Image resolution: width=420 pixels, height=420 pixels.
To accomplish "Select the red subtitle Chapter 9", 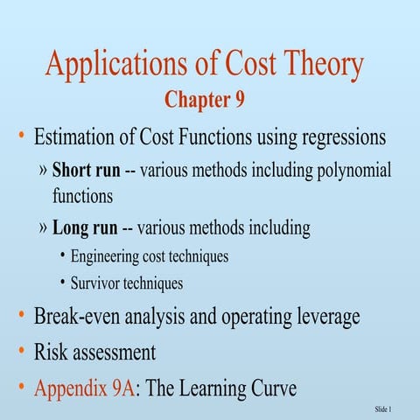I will [x=204, y=101].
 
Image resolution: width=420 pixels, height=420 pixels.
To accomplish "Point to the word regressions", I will [x=341, y=137].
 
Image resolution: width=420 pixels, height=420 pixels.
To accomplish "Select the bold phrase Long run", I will [x=83, y=229].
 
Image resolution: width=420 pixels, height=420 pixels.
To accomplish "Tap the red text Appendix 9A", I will [x=84, y=388].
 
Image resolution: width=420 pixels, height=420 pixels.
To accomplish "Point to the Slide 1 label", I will [x=382, y=409].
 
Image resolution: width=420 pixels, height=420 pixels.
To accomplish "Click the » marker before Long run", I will [x=45, y=229].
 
